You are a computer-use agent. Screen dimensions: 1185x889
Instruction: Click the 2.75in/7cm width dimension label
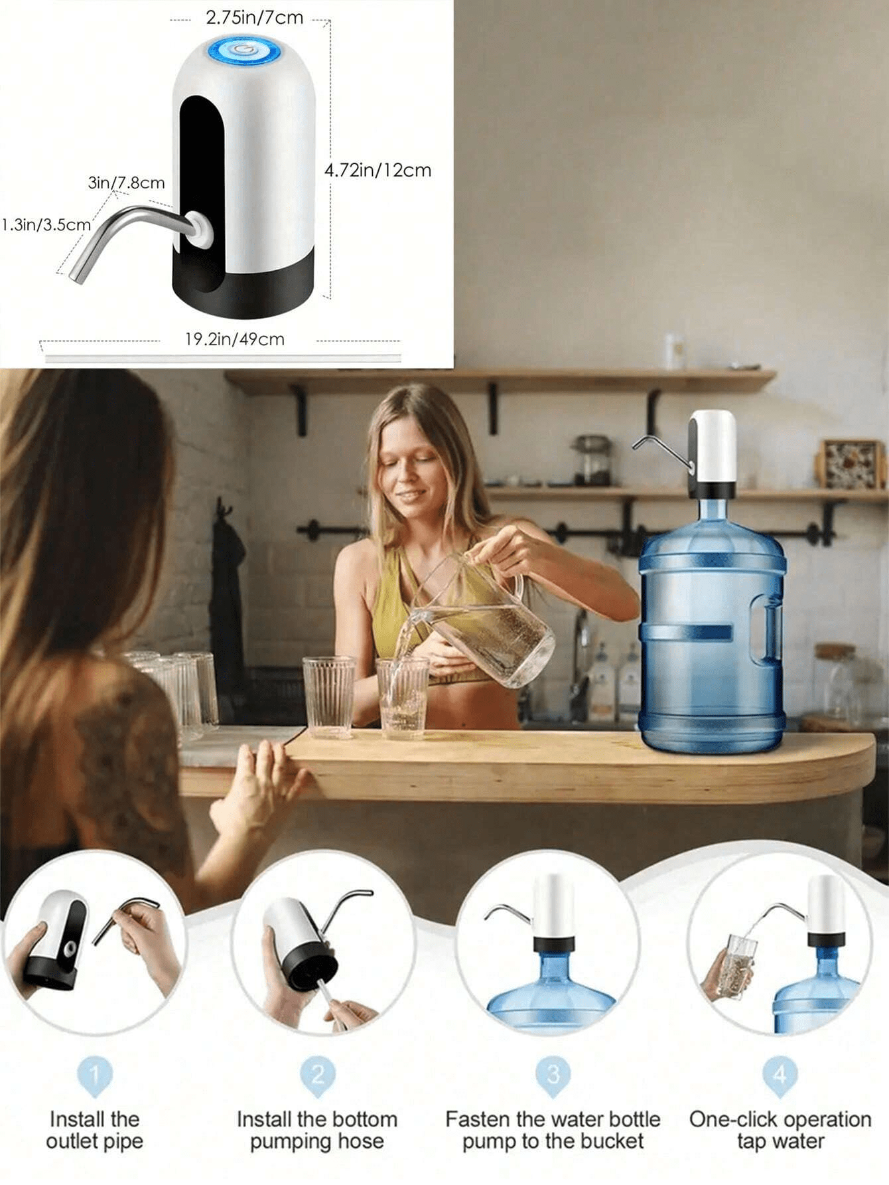[x=254, y=18]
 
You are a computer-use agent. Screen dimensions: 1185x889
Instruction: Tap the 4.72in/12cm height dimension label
[x=377, y=171]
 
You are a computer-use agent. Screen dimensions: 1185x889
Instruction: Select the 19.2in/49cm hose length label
[x=234, y=339]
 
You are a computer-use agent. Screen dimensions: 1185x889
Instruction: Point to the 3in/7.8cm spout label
[x=126, y=183]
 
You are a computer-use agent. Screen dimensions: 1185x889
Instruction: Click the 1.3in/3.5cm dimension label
[x=45, y=224]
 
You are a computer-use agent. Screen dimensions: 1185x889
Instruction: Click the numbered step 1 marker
[x=95, y=1074]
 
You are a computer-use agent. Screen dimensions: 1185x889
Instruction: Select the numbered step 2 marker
[x=318, y=1074]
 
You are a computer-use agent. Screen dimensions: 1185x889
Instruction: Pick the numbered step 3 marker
[x=553, y=1074]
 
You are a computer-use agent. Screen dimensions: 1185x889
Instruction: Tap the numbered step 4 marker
[x=780, y=1074]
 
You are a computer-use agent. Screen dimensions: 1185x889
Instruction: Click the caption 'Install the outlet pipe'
[x=95, y=1130]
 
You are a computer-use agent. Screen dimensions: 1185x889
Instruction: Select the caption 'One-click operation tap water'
[x=780, y=1130]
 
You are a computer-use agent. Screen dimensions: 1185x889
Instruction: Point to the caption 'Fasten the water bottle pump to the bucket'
[x=553, y=1130]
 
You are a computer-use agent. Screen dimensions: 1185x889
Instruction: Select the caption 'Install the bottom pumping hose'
[x=317, y=1130]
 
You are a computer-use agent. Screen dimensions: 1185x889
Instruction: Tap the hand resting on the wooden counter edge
[x=255, y=790]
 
